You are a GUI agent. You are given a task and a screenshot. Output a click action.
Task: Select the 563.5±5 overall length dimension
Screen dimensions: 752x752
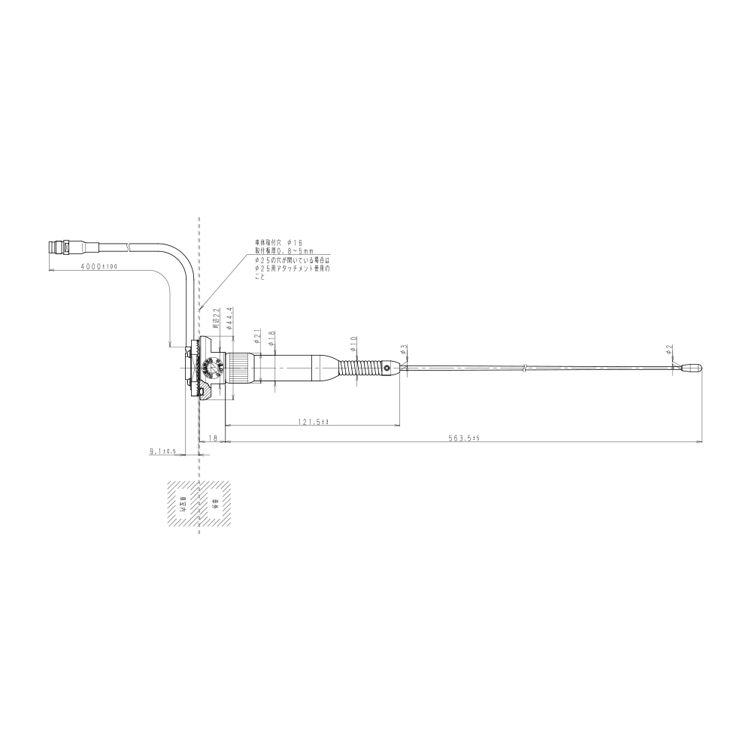point(464,439)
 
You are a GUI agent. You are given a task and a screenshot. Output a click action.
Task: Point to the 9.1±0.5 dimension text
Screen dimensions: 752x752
point(162,451)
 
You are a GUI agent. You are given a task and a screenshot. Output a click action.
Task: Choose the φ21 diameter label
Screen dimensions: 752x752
point(257,335)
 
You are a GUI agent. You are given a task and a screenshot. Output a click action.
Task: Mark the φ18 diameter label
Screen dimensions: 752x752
point(271,338)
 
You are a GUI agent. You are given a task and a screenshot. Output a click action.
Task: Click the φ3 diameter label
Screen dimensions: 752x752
point(404,350)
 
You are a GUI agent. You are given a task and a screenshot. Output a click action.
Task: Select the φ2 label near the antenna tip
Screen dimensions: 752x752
point(669,350)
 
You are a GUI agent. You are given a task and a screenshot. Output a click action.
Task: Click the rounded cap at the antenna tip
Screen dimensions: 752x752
point(692,368)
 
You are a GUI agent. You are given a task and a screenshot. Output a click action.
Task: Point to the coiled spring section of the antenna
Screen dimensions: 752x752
point(359,368)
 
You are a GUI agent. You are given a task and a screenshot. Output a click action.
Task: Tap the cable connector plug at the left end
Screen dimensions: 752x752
point(60,245)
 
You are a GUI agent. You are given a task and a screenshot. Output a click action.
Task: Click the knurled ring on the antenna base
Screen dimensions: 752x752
point(241,368)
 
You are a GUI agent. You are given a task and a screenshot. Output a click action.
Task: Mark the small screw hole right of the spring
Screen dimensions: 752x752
point(389,368)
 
